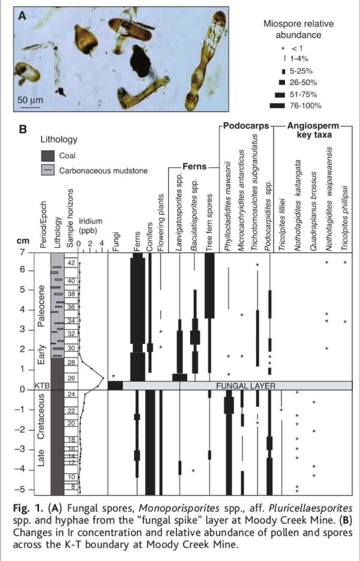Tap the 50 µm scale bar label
coord(28,98)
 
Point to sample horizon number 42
coord(71,263)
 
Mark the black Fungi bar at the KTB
coord(115,385)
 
